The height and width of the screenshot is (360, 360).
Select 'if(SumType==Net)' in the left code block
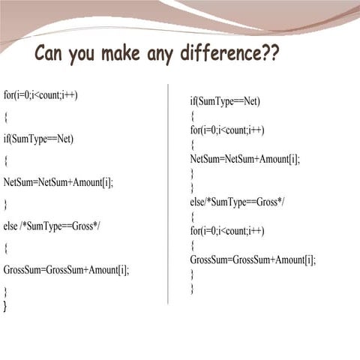pyautogui.click(x=38, y=139)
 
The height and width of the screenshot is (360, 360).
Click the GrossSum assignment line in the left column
pyautogui.click(x=66, y=269)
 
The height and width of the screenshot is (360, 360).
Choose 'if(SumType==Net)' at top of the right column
pyautogui.click(x=225, y=100)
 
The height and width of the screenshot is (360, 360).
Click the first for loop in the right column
pyautogui.click(x=227, y=130)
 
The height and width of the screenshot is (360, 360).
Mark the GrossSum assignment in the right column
pyautogui.click(x=253, y=260)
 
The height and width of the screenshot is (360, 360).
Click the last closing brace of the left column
pyautogui.click(x=5, y=307)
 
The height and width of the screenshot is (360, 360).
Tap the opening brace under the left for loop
pyautogui.click(x=6, y=117)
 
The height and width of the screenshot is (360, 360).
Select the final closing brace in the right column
pyautogui.click(x=193, y=289)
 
